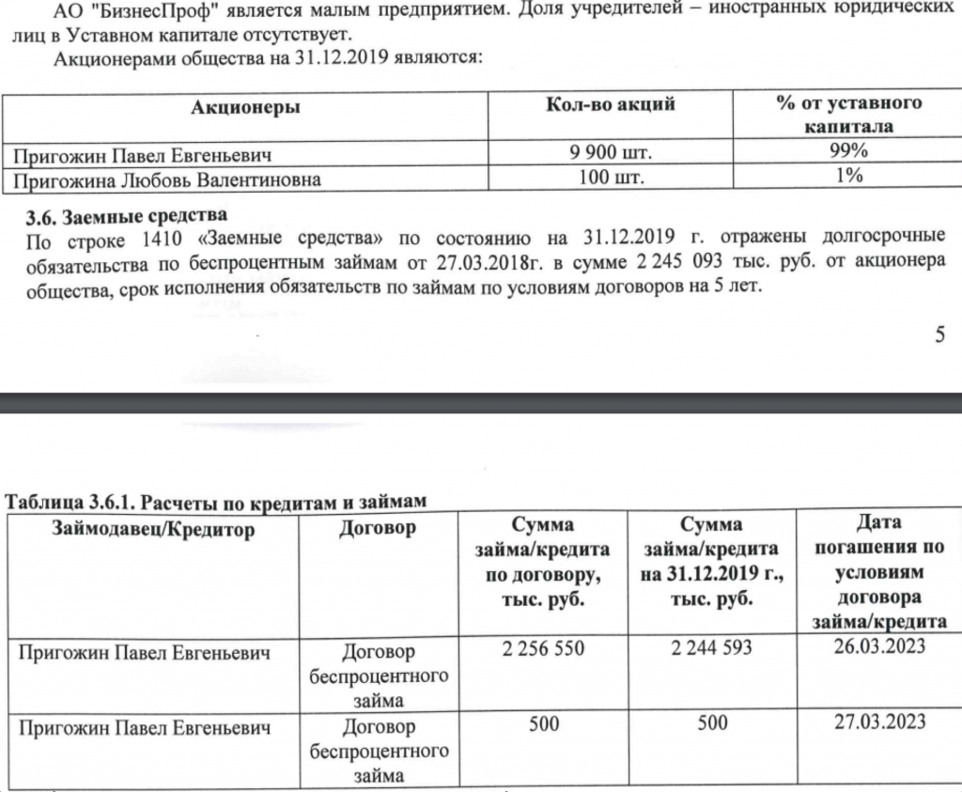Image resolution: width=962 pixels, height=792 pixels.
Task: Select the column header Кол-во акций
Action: coord(611,104)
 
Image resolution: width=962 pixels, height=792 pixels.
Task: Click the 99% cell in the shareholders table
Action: coord(848,152)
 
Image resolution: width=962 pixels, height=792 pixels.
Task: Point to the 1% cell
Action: coord(848,177)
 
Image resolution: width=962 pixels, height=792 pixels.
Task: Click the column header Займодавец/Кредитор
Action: coord(155,530)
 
